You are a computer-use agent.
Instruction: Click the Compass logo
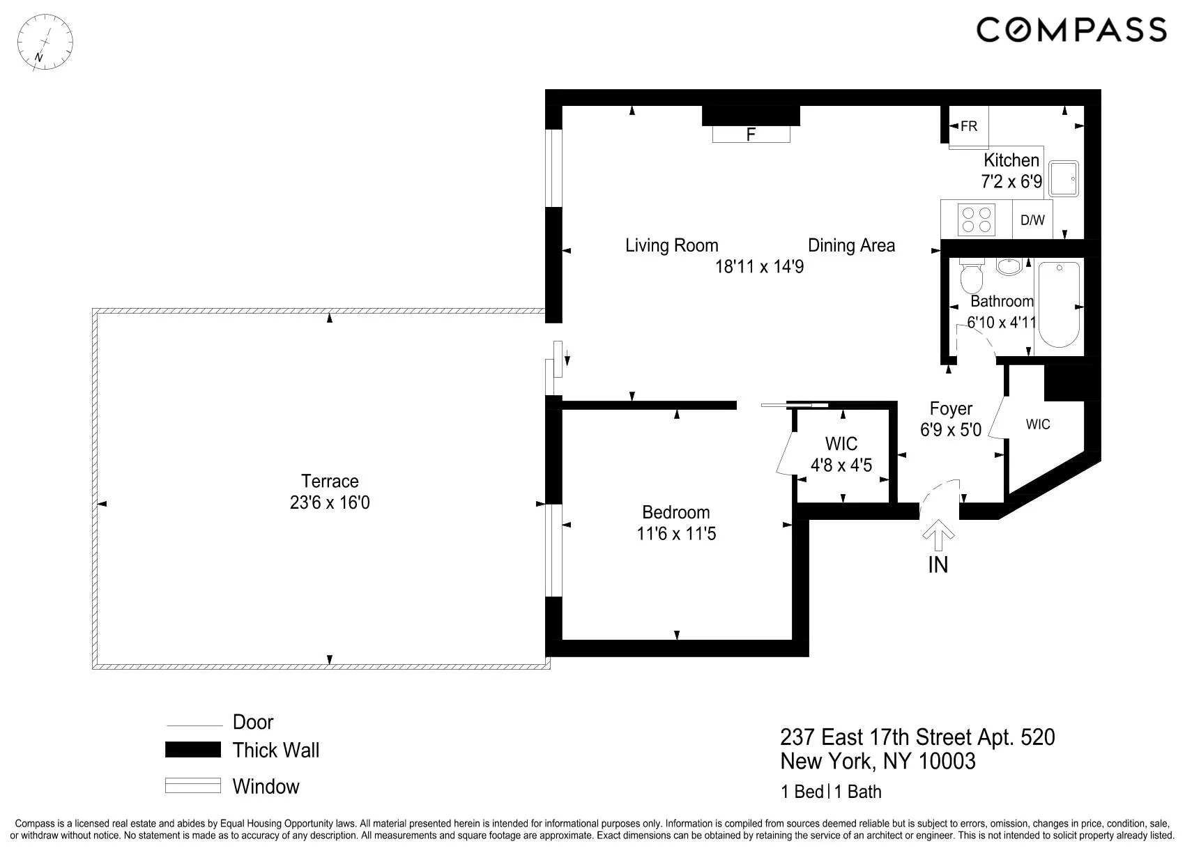[1071, 30]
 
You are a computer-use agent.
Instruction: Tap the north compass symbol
[45, 42]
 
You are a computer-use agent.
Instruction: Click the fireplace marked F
[751, 134]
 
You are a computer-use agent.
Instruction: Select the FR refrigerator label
[969, 126]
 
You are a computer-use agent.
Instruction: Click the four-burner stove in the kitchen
[976, 219]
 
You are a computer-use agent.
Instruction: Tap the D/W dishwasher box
[1032, 220]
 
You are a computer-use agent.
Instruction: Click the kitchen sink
[1064, 179]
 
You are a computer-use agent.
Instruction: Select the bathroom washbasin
[1009, 266]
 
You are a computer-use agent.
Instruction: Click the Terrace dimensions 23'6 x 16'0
[330, 502]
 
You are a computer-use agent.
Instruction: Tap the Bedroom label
[675, 512]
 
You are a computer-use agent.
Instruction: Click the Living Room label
[671, 245]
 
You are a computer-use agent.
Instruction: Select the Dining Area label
[851, 245]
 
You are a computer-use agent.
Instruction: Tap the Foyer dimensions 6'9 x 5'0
[950, 430]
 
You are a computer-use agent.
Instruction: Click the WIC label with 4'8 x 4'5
[841, 444]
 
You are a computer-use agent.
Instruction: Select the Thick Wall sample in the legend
[193, 750]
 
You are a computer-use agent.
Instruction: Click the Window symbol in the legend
[193, 785]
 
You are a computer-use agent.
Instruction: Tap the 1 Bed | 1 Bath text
[831, 792]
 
